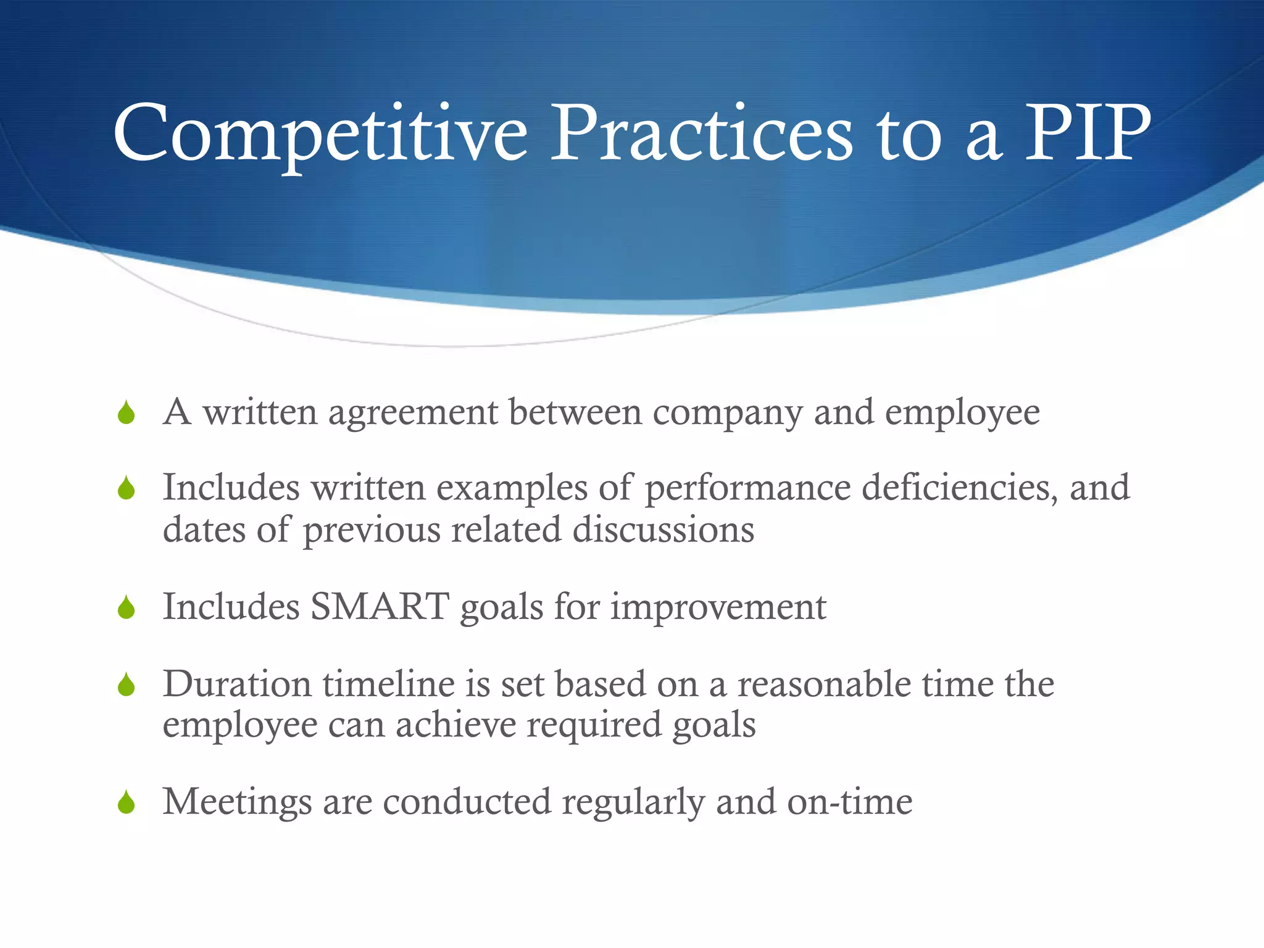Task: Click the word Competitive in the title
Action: click(x=320, y=135)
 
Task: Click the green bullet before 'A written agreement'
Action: click(x=127, y=413)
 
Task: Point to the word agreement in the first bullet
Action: click(x=413, y=414)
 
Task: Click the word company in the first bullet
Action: click(x=728, y=414)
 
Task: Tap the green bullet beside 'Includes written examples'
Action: click(x=127, y=488)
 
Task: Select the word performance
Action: click(x=748, y=489)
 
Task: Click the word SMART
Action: click(x=380, y=607)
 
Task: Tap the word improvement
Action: click(x=718, y=608)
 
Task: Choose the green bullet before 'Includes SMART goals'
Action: click(x=127, y=608)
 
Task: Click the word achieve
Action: click(x=455, y=725)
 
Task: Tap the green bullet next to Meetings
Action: click(x=127, y=802)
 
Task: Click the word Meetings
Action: click(x=237, y=802)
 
